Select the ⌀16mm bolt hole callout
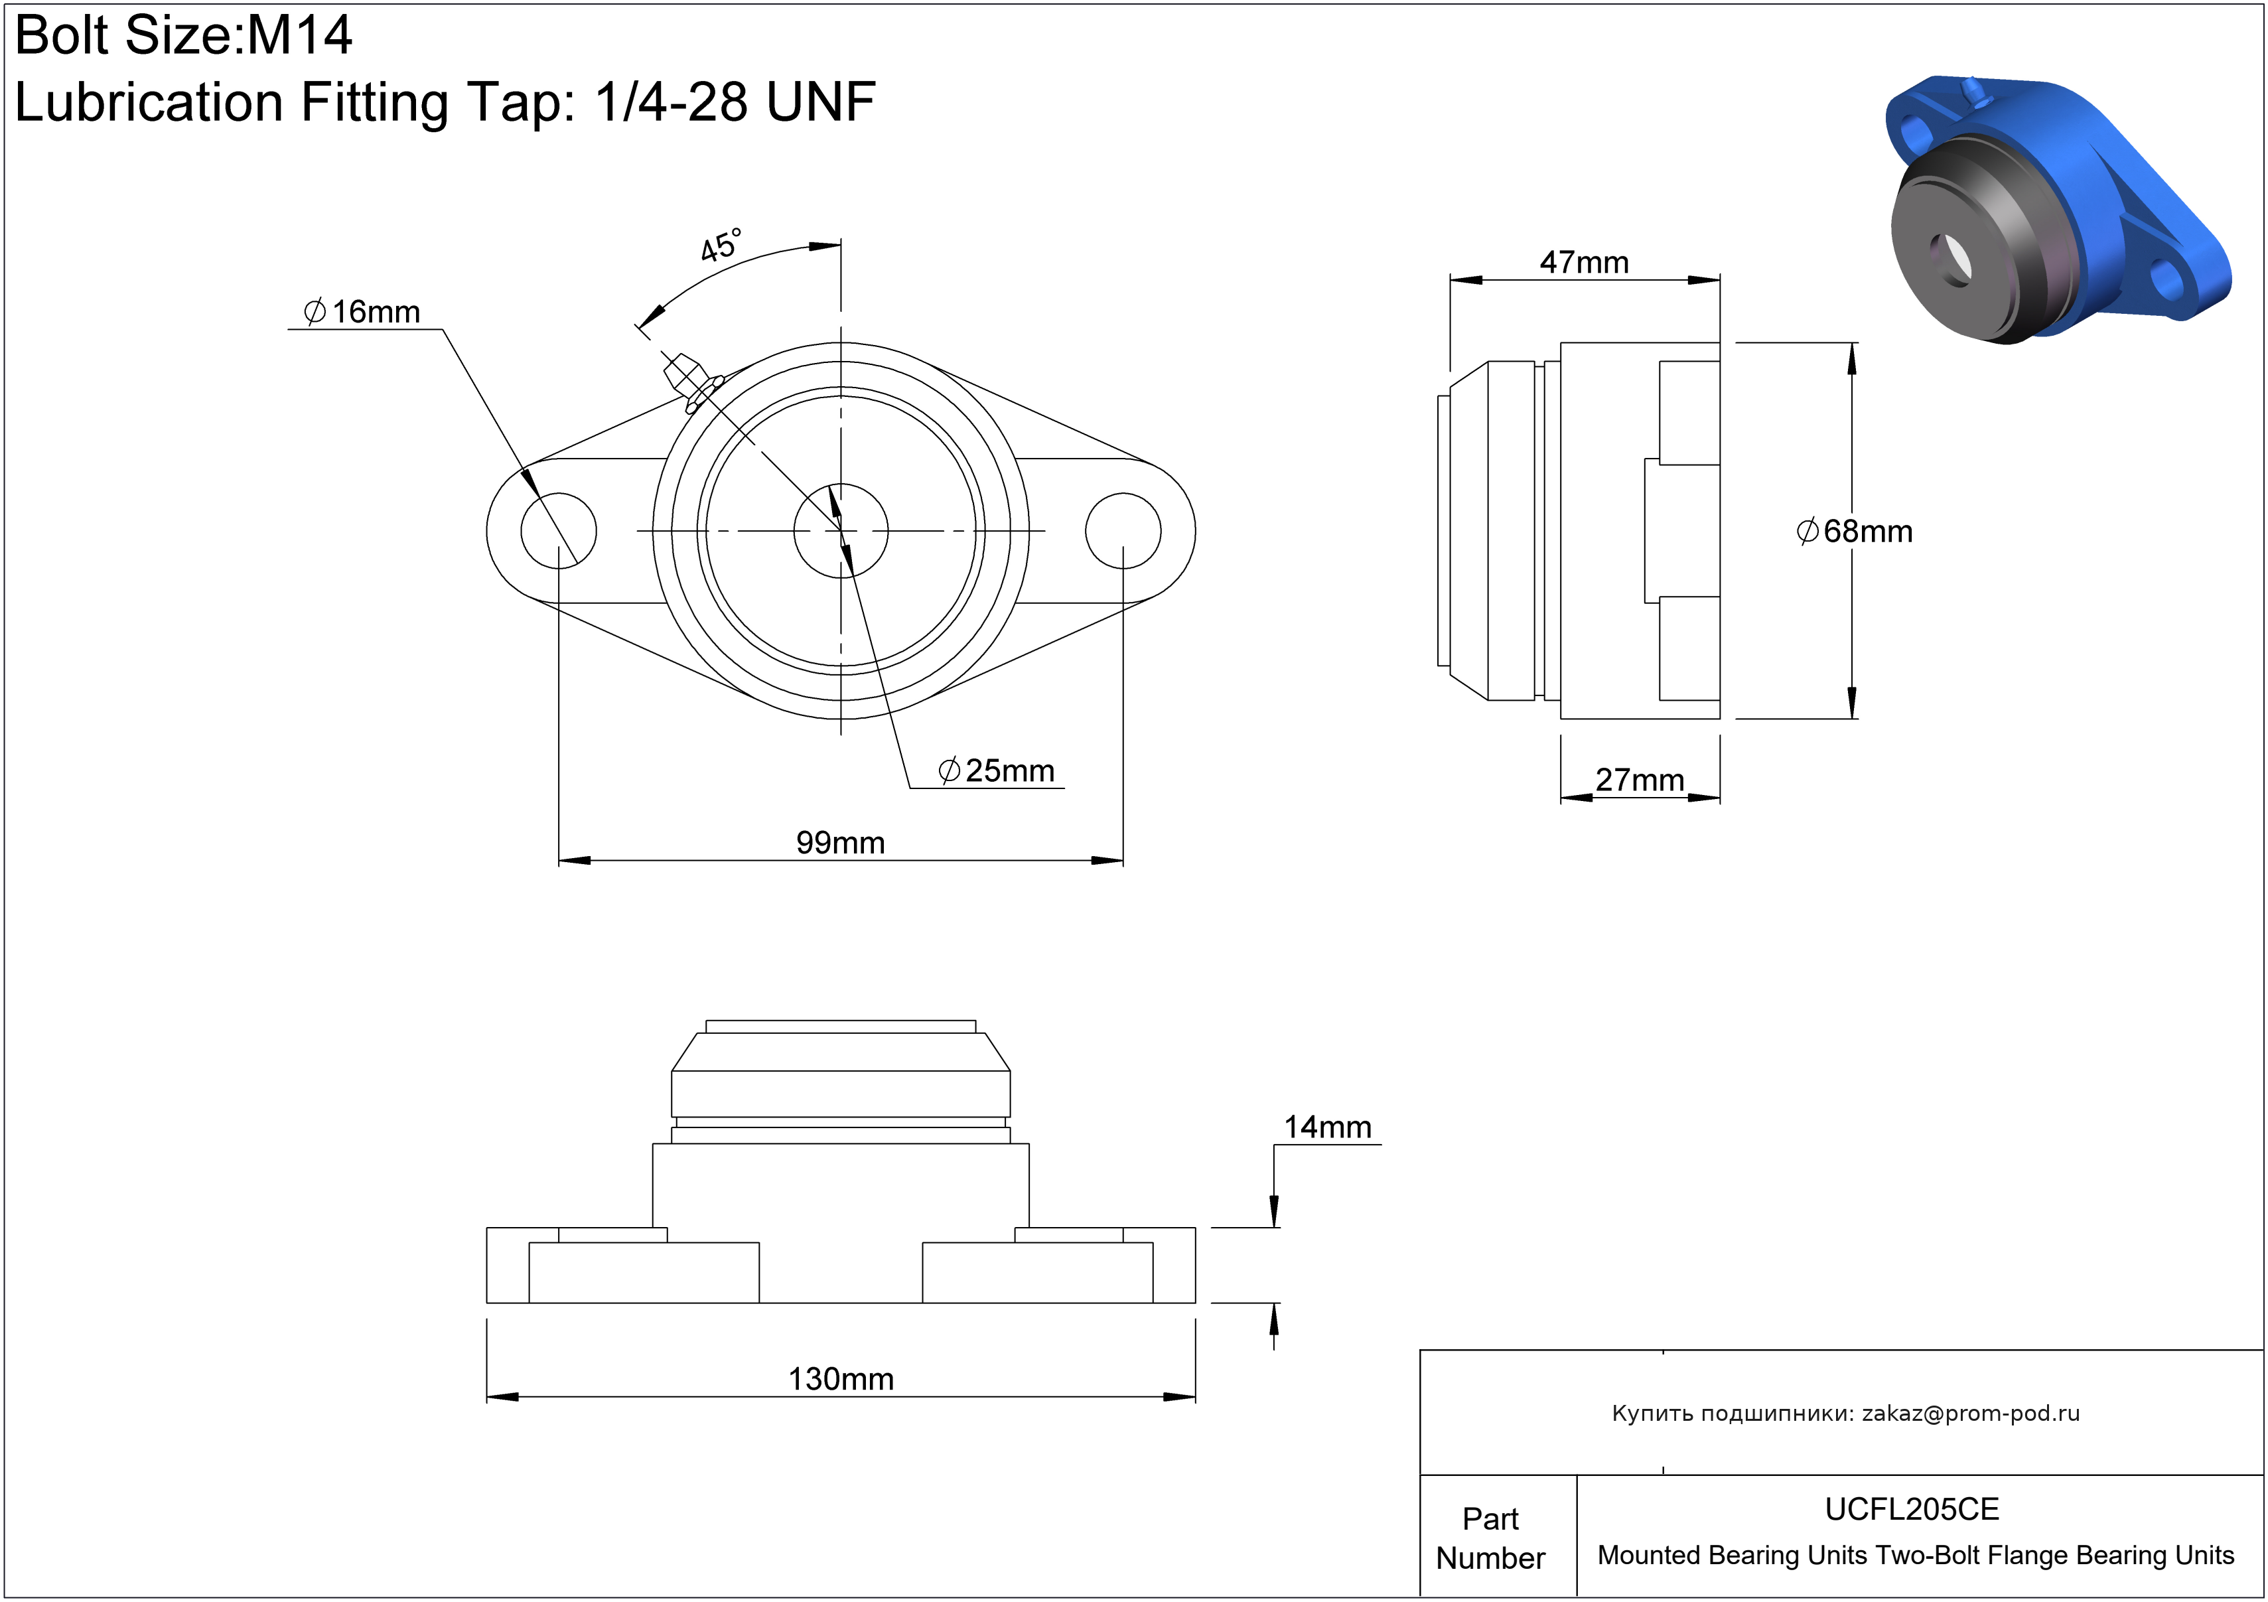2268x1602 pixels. (x=362, y=312)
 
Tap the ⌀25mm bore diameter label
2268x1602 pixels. (x=997, y=770)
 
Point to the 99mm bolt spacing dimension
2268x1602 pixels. (x=841, y=843)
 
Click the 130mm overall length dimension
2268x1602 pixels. (x=841, y=1379)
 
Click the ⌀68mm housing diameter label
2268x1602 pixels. (x=1854, y=532)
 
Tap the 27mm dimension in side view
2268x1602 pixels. (x=1640, y=779)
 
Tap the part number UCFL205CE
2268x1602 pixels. (x=1912, y=1509)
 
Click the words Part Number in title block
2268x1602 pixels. (x=1490, y=1538)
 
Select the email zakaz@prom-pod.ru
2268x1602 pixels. (x=1971, y=1414)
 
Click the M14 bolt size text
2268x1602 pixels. (x=299, y=36)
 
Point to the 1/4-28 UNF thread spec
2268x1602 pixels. (x=735, y=102)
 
